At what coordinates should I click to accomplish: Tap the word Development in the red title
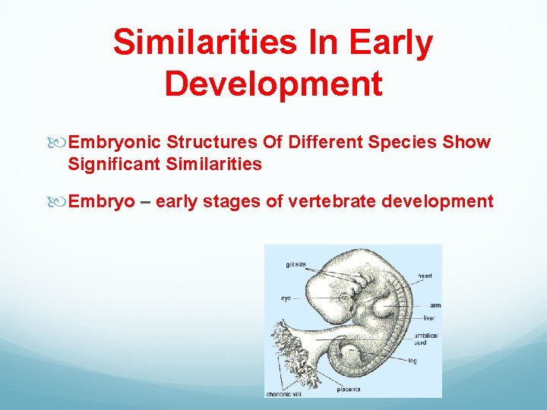[x=273, y=84]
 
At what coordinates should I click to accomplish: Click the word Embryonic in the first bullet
[x=114, y=142]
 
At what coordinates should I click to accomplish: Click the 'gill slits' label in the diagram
[x=296, y=264]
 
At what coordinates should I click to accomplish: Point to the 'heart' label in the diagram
[x=425, y=275]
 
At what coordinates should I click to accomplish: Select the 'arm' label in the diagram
[x=435, y=305]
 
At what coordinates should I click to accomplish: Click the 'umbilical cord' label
[x=425, y=339]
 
